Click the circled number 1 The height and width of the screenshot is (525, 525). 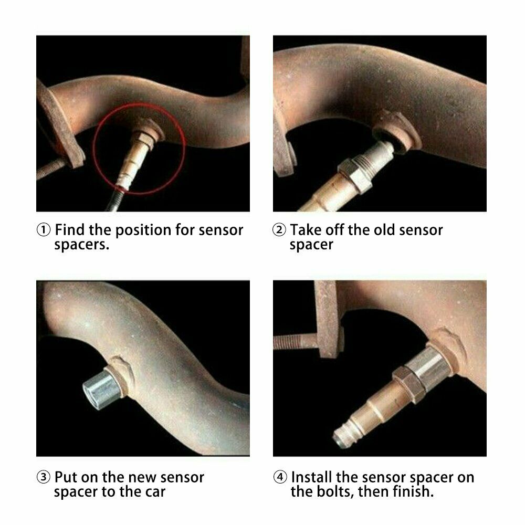44,230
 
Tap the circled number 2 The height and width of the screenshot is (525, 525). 279,230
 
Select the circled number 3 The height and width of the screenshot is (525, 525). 44,478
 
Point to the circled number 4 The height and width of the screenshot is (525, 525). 279,478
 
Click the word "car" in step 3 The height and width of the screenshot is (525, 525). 152,492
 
